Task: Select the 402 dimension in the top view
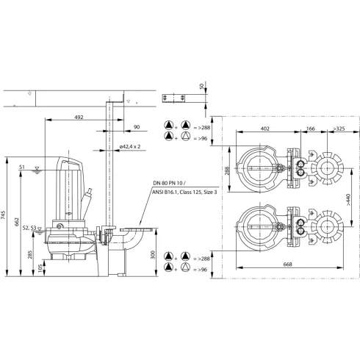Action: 264,129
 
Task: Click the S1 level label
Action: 23,168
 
